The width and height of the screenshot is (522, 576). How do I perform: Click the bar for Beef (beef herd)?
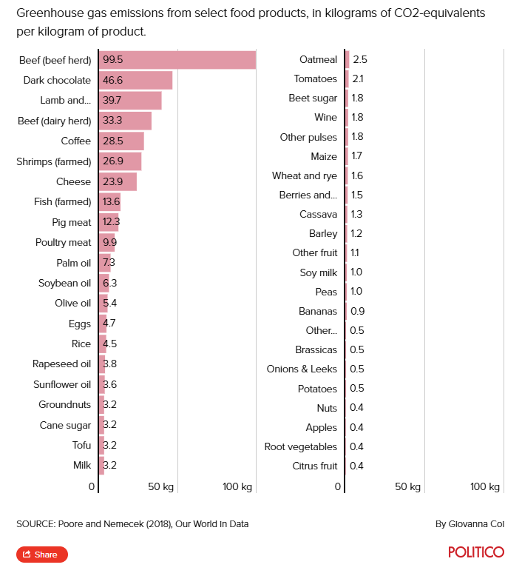point(177,60)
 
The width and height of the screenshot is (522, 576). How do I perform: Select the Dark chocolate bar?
point(136,80)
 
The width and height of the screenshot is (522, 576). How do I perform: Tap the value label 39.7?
point(113,101)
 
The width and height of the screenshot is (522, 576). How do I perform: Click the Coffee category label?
point(75,141)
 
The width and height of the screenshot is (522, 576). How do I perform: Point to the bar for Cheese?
point(118,181)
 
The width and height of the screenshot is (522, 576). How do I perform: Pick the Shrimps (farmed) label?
point(53,161)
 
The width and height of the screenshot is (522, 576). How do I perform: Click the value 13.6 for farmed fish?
point(112,201)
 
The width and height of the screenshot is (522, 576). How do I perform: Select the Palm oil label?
point(73,263)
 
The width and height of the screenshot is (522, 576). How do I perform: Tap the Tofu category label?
point(81,445)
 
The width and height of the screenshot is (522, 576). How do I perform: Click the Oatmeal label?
point(318,59)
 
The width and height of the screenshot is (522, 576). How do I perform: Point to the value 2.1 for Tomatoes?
point(359,78)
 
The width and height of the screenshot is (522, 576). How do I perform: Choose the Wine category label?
point(325,117)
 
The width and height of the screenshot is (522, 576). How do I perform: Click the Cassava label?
point(318,214)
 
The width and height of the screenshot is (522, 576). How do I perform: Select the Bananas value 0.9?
point(357,311)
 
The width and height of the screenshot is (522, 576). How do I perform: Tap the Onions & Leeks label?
point(302,369)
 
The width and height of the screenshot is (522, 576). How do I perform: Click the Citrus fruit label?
point(315,466)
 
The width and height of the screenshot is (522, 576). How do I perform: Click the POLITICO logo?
point(476,552)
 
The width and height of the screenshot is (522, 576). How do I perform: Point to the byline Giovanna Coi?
point(470,524)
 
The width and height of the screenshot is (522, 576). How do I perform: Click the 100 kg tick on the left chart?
point(237,486)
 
